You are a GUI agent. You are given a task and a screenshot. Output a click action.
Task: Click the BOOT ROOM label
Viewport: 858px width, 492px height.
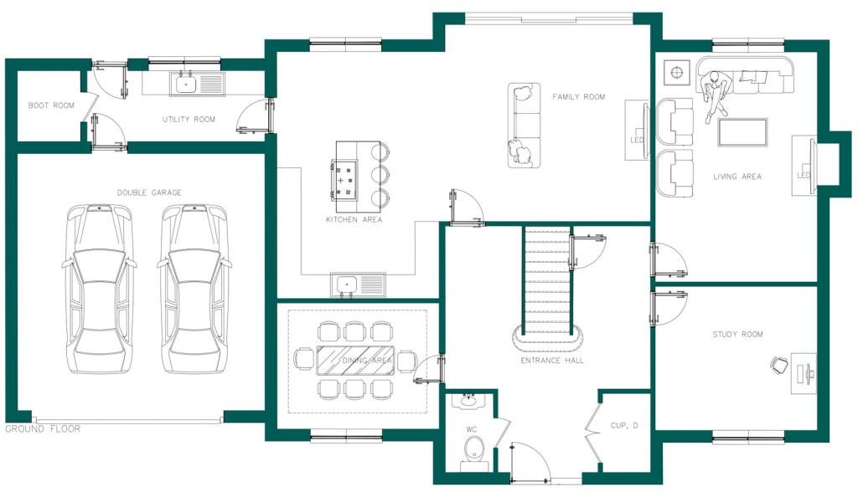[x=51, y=105]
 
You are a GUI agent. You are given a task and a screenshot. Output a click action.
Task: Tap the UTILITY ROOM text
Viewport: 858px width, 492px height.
[x=189, y=119]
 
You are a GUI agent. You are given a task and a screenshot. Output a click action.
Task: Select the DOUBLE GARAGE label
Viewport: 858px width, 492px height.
[x=149, y=192]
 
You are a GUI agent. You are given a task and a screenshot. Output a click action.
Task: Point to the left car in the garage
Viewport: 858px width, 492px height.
[x=100, y=289]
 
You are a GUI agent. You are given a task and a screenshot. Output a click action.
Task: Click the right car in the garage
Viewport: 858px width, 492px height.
[x=194, y=289]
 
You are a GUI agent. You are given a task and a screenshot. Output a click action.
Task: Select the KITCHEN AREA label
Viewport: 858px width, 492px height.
[x=354, y=219]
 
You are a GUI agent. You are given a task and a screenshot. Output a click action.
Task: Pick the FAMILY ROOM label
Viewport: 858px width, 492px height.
[x=578, y=97]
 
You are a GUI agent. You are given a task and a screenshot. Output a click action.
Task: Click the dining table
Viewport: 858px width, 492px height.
[x=355, y=361]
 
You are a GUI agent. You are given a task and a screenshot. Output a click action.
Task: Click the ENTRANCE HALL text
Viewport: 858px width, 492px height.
[x=552, y=361]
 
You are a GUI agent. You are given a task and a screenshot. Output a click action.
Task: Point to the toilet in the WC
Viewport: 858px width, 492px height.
[x=474, y=451]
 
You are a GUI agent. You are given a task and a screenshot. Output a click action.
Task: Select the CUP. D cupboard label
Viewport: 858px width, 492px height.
[x=624, y=425]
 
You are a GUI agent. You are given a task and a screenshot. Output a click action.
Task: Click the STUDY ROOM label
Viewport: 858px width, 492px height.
[x=737, y=334]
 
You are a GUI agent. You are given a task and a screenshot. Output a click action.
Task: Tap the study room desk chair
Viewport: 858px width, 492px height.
[x=779, y=365]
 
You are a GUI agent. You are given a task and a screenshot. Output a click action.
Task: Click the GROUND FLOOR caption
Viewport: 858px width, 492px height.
[x=43, y=429]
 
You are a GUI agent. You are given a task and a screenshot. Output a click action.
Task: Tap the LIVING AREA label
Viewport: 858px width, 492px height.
[x=737, y=177]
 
